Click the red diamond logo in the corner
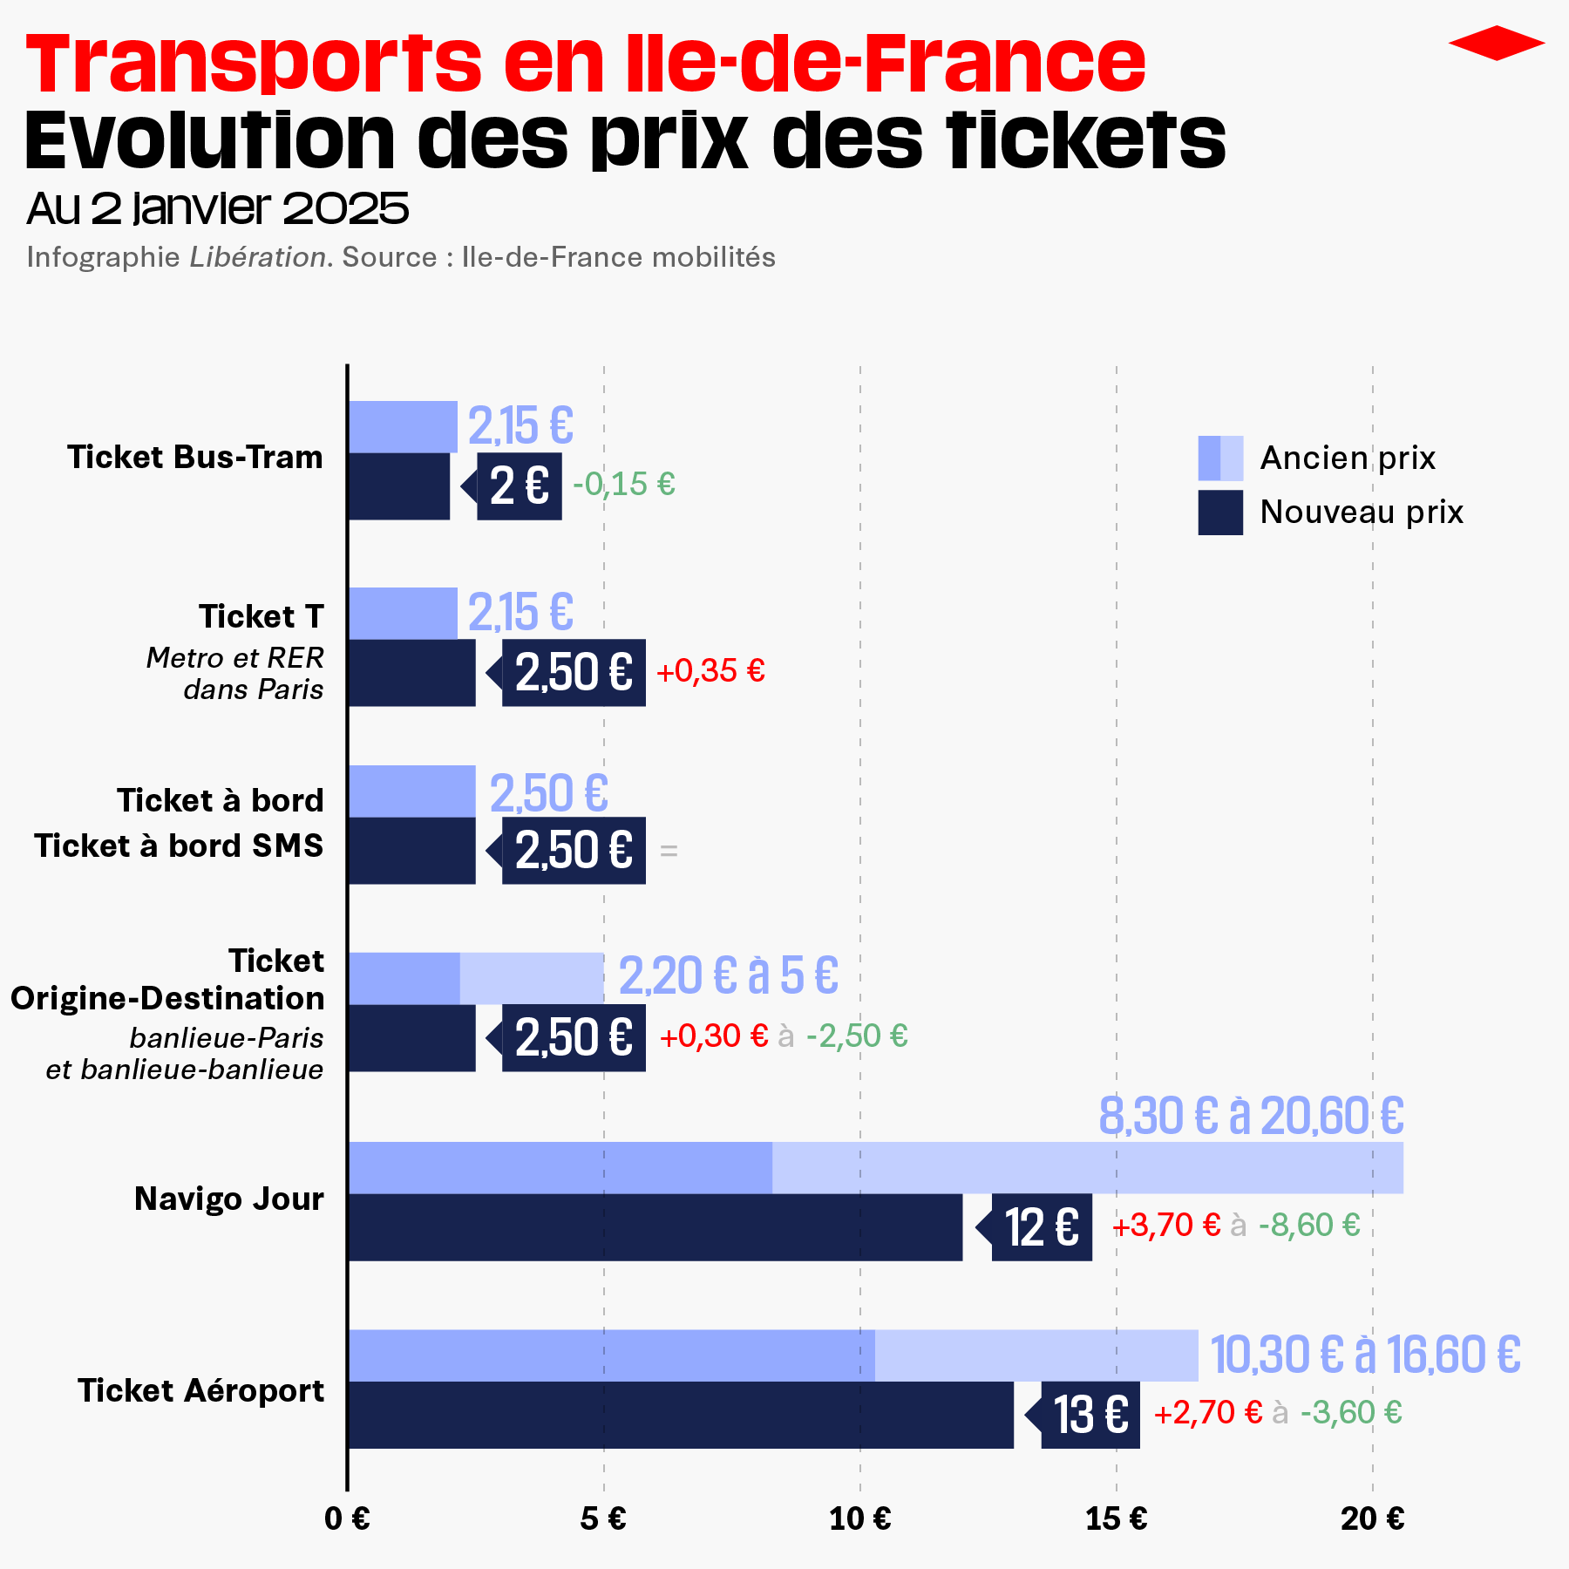[x=1496, y=43]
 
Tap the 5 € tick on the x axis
[x=603, y=1519]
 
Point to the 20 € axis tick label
[x=1372, y=1519]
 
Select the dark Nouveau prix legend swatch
[x=1219, y=513]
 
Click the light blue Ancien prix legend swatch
[x=1219, y=458]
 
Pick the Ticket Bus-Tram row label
[x=195, y=458]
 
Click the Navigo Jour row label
[x=229, y=1199]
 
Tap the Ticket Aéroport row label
[x=201, y=1391]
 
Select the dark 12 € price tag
[x=1042, y=1227]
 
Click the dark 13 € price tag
[x=1090, y=1415]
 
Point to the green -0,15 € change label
[x=624, y=484]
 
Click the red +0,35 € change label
[x=710, y=671]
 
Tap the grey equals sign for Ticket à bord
[x=669, y=851]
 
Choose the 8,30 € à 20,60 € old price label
[x=1251, y=1117]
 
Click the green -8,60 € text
[x=1309, y=1226]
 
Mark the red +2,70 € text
[x=1207, y=1413]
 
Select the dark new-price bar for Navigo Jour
[x=655, y=1227]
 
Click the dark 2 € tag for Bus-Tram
[x=520, y=486]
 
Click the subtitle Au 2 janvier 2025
[x=218, y=208]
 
